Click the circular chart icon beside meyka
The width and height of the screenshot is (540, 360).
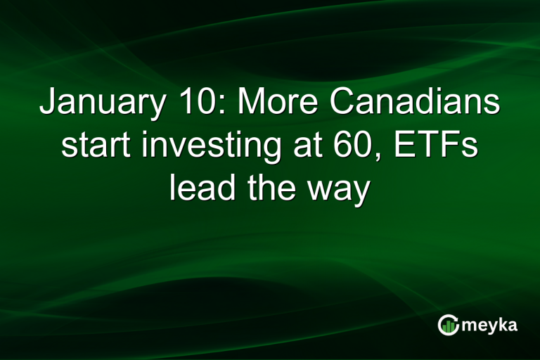coord(448,325)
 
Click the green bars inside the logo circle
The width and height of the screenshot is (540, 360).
coord(449,326)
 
